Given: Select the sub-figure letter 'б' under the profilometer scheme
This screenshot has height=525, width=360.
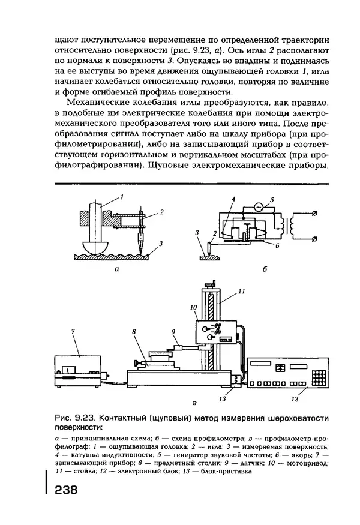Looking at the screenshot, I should (x=264, y=271).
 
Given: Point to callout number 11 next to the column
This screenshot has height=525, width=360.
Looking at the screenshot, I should (x=241, y=292).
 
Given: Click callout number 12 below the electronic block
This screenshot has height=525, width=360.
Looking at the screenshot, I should (x=295, y=398).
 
